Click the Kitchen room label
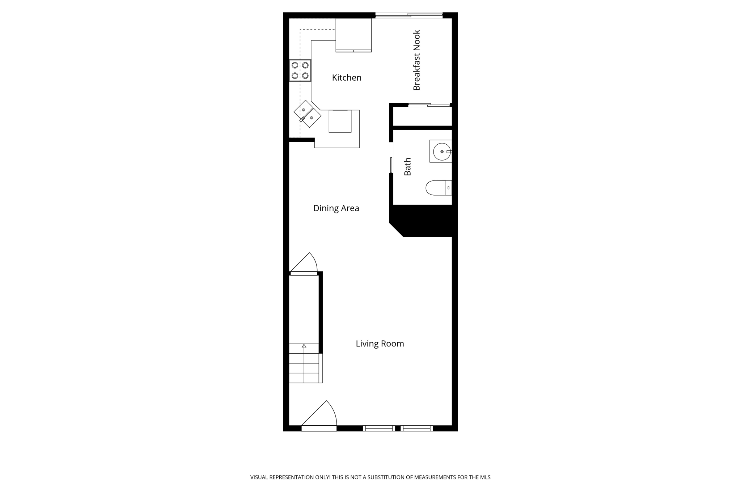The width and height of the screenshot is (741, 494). [346, 77]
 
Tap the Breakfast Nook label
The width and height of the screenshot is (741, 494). [416, 60]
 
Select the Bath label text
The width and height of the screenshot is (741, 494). [407, 167]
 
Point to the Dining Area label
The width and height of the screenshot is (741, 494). [336, 208]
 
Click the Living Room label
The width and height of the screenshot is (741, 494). [380, 344]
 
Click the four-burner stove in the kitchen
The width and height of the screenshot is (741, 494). [300, 71]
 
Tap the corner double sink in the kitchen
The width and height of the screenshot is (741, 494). [308, 114]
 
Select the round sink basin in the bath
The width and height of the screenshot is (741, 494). [441, 152]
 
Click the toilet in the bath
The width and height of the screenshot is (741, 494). [438, 188]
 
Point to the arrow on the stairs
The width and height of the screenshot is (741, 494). [304, 346]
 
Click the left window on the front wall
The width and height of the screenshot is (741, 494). [378, 429]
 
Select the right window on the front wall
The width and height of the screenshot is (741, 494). [417, 429]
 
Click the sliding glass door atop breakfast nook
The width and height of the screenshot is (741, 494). [409, 15]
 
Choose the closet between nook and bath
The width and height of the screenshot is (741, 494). [422, 116]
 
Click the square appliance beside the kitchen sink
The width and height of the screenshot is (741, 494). [340, 121]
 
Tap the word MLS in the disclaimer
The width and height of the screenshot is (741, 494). [485, 477]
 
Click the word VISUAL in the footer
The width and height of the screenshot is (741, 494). [259, 477]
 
